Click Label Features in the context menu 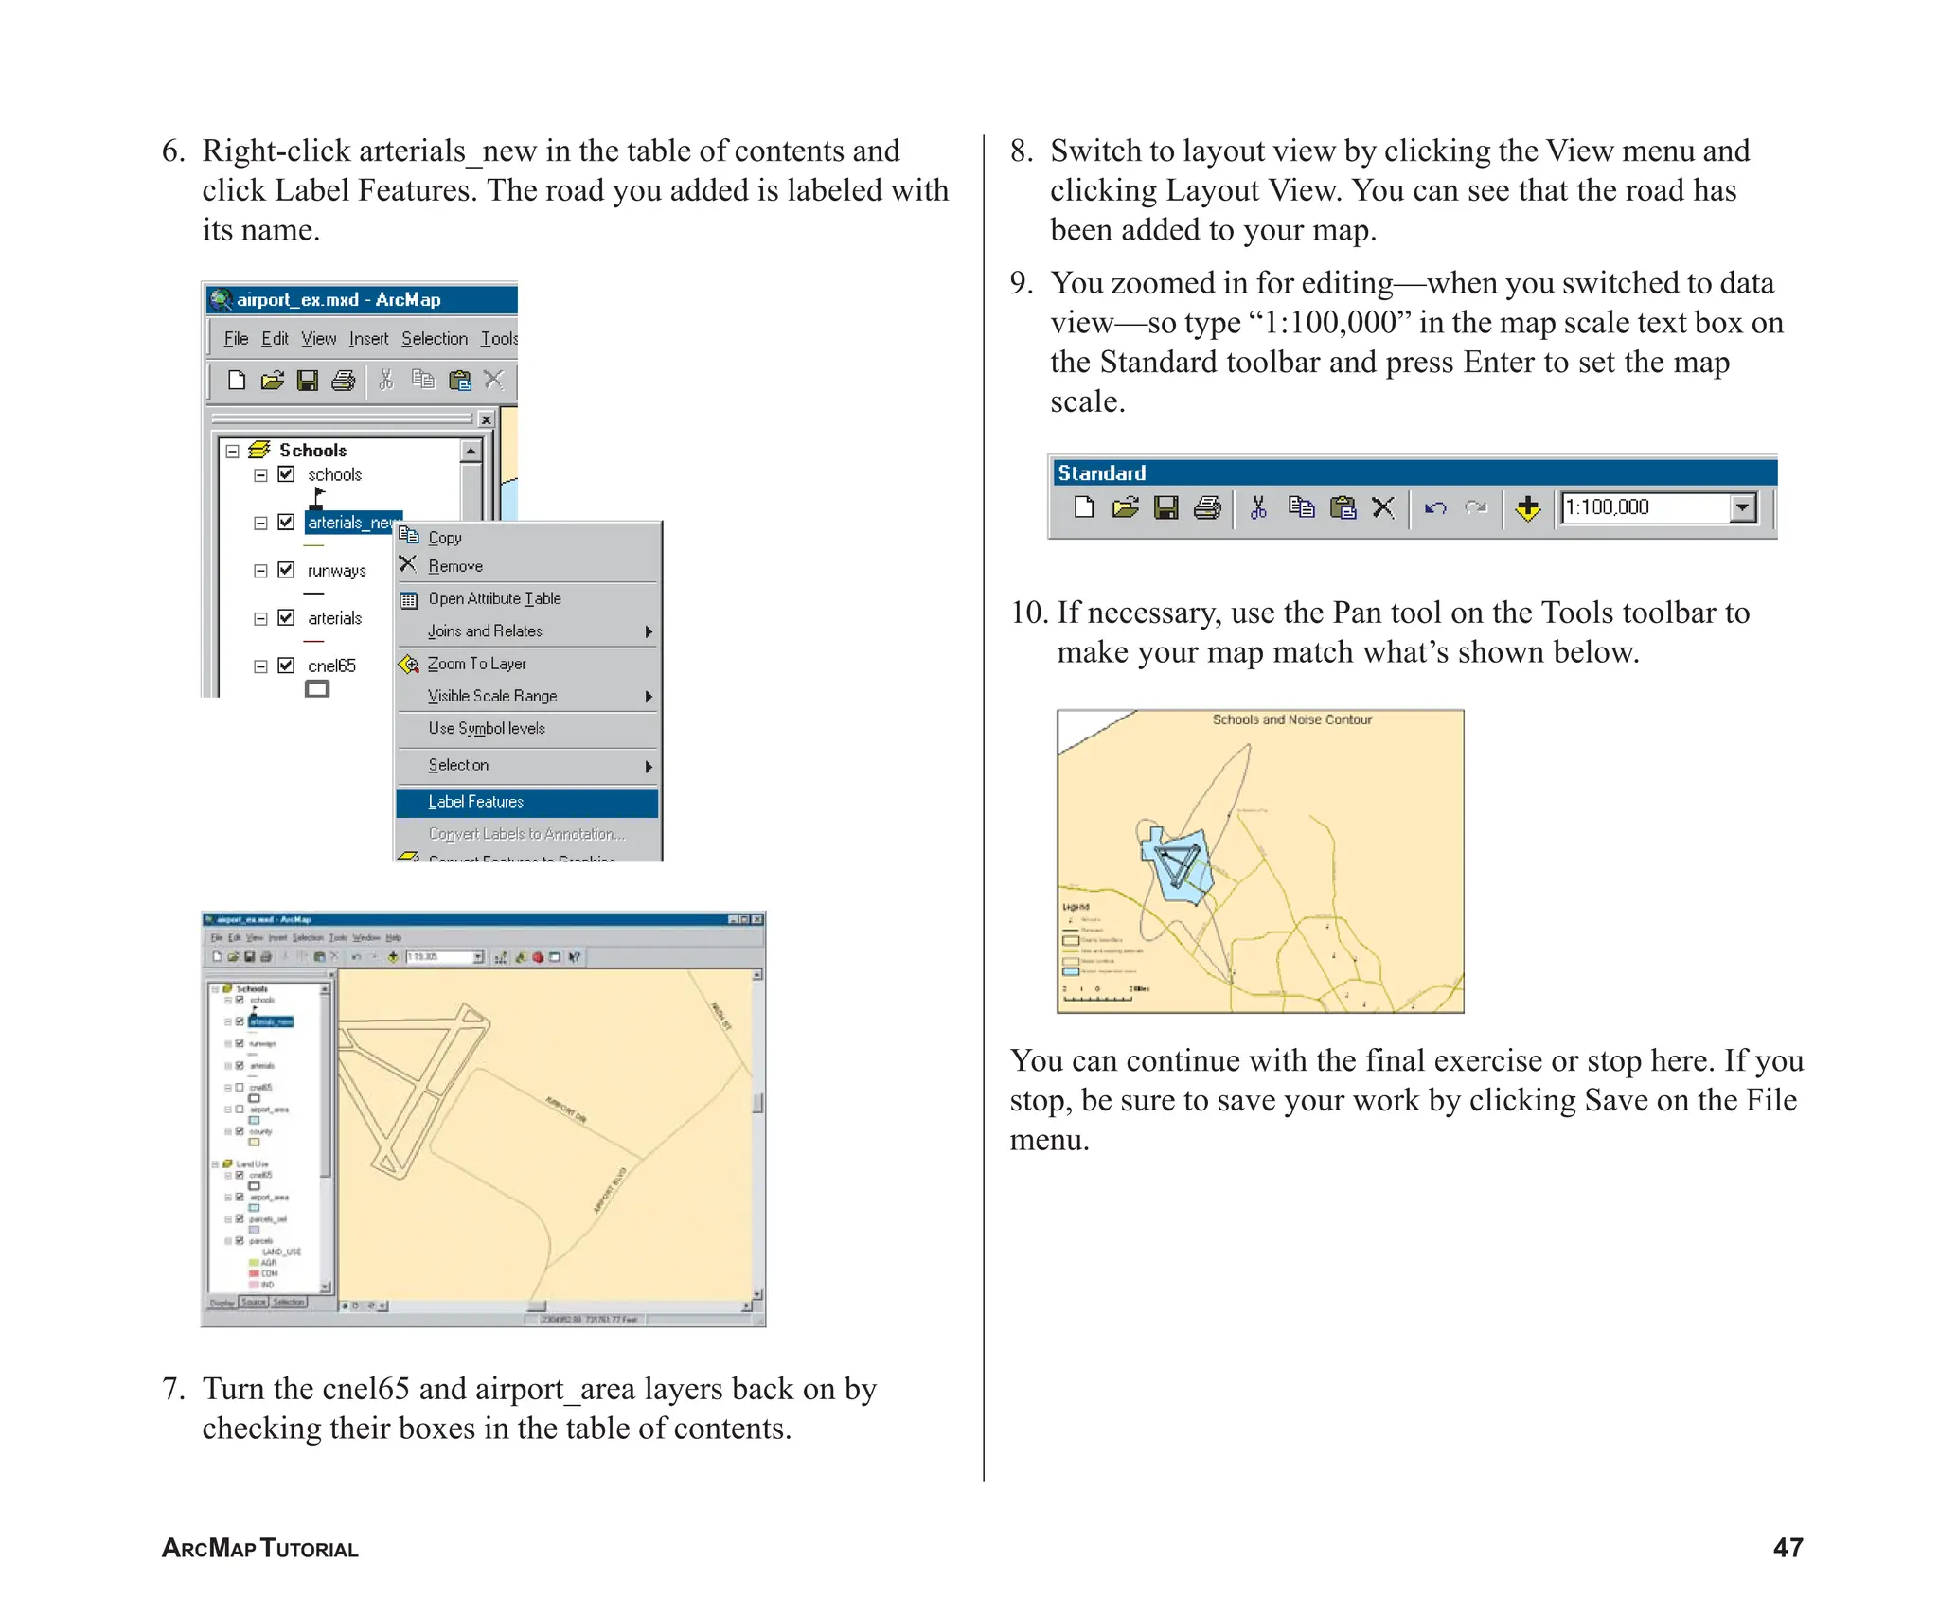475,802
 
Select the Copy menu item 444,538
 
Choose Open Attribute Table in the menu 494,598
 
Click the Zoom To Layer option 476,664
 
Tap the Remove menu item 454,566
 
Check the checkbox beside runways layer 286,570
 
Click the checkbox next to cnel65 286,666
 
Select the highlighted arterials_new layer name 350,523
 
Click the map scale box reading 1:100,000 1643,507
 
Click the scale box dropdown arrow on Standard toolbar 1743,507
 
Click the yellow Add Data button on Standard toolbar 1527,508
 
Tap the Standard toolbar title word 1101,472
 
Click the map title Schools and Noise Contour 1291,719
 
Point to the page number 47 1788,1547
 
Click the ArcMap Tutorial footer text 260,1548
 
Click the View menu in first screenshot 318,339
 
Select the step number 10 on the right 1028,613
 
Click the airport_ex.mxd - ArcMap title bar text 338,300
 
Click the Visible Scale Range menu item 491,696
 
